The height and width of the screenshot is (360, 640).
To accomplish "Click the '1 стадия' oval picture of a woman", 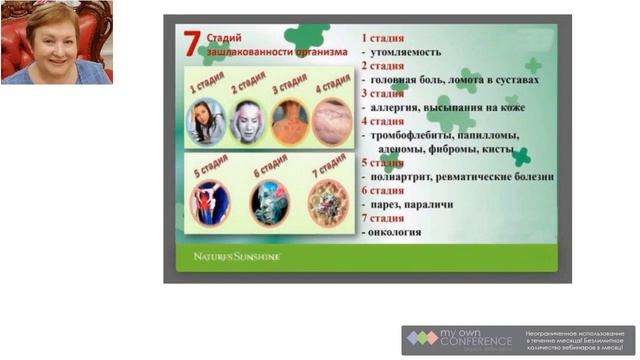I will coord(205,121).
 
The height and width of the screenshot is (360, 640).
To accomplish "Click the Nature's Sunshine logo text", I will coord(237,257).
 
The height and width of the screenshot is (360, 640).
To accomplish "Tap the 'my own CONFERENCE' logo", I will coord(458,340).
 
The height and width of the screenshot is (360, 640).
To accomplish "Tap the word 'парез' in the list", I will coord(387,204).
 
